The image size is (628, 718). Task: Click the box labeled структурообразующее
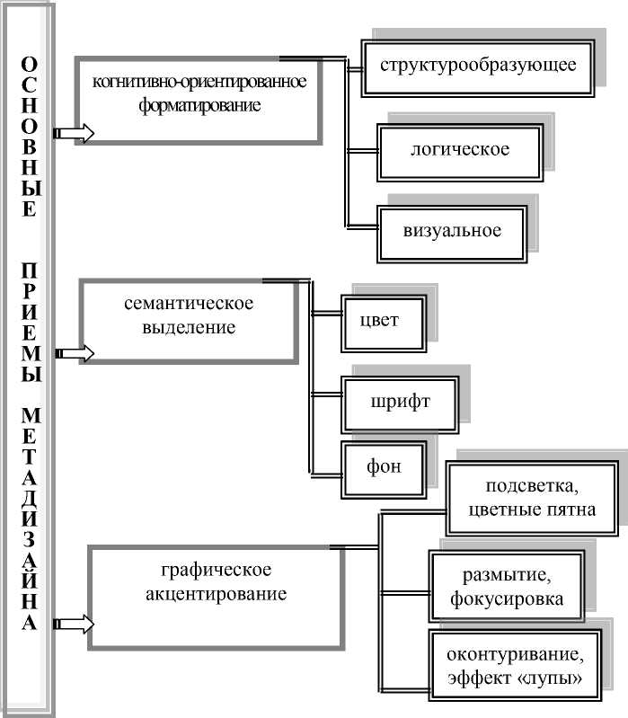pos(477,66)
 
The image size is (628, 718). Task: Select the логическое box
pos(459,148)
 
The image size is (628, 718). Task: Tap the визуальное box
pos(452,230)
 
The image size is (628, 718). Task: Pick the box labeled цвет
pos(384,321)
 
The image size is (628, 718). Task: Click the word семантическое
pos(190,303)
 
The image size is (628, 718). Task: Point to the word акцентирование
pos(216,594)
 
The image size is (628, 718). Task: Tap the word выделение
pos(190,327)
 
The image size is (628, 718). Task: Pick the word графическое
pos(216,570)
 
